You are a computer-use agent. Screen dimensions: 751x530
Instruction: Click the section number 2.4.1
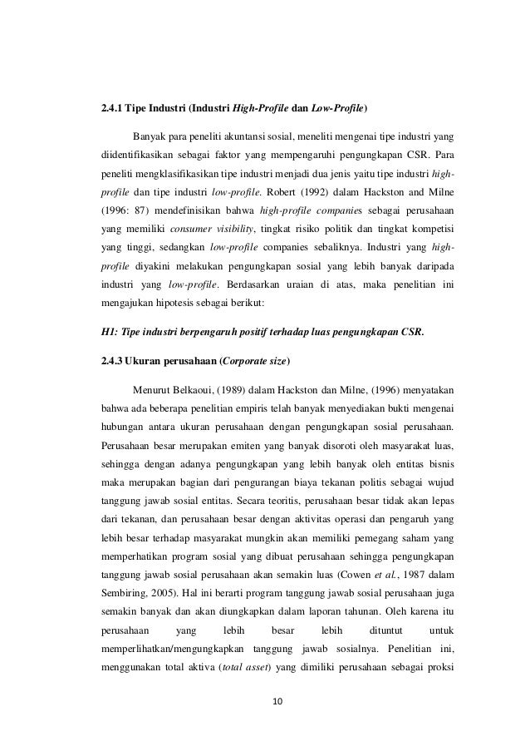112,109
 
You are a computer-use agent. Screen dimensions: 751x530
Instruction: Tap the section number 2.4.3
112,362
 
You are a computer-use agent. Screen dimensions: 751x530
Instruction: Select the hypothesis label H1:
109,335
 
